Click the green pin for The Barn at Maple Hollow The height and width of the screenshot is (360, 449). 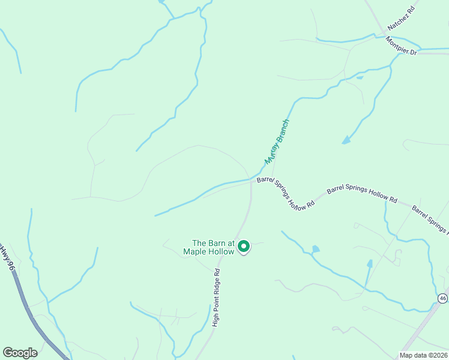point(244,247)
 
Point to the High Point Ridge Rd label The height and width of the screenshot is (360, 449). point(217,297)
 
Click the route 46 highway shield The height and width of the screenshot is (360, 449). point(442,298)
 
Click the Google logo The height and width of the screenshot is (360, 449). point(20,352)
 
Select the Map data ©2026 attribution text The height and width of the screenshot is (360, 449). point(423,355)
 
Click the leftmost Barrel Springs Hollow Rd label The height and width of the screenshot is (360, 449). point(286,192)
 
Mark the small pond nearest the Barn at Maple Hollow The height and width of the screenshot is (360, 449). point(316,248)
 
